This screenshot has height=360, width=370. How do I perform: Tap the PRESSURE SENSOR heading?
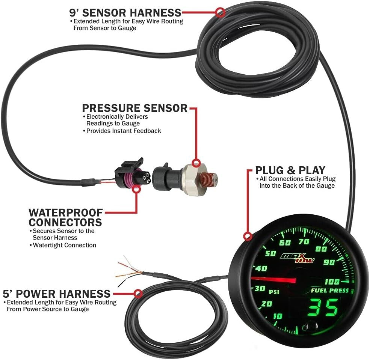pos(134,108)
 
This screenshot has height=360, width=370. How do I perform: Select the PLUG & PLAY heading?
pos(290,170)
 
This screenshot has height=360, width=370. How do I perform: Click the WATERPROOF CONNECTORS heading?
pos(66,217)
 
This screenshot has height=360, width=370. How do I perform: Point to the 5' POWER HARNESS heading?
pos(57,293)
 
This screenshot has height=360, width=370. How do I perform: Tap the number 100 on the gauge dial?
pos(331,282)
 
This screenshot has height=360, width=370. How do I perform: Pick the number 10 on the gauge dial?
pos(277,316)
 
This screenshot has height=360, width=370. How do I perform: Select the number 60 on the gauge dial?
pos(285,243)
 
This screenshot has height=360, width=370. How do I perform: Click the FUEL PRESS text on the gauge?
pos(329,291)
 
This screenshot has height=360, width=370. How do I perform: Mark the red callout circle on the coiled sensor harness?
pos(221,12)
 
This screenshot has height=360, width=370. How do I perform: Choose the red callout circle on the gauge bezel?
pos(247,236)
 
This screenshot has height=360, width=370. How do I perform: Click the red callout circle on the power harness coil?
pos(139,292)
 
